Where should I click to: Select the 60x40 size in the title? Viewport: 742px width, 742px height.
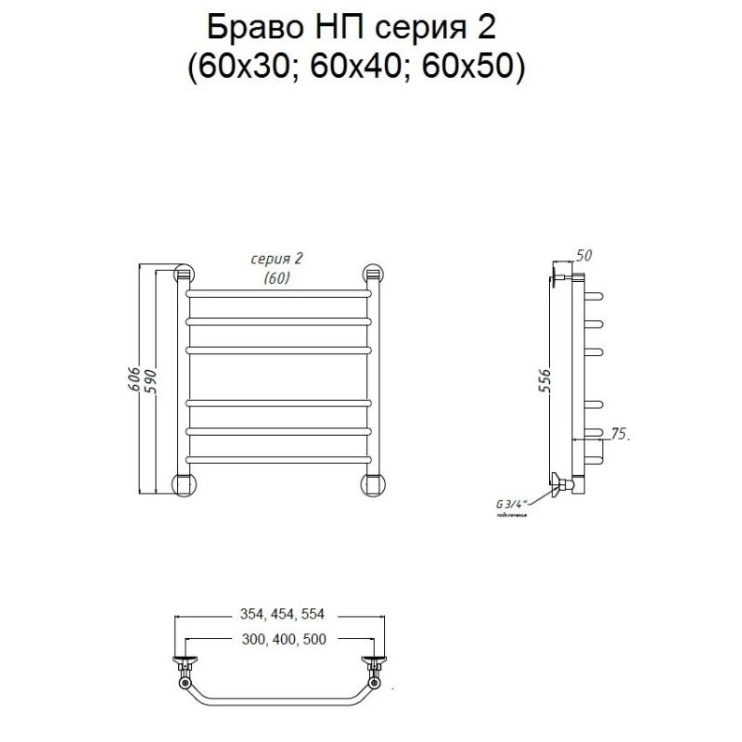click(358, 67)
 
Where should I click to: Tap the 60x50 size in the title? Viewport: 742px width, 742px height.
click(472, 67)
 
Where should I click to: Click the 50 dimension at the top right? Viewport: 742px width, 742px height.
click(583, 255)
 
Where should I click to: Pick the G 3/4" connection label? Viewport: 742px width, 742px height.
click(511, 504)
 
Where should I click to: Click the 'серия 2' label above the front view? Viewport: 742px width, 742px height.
click(277, 259)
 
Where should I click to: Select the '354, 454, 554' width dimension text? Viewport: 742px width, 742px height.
click(279, 614)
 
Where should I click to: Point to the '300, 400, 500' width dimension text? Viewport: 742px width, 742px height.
click(279, 640)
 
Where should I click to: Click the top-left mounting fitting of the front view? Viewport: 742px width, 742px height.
click(185, 275)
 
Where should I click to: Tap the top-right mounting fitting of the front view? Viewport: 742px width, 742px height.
click(373, 275)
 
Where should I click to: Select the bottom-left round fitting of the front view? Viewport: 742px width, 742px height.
click(186, 485)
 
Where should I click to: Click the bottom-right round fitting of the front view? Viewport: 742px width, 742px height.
click(373, 485)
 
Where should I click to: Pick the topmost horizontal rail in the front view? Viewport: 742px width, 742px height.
click(279, 294)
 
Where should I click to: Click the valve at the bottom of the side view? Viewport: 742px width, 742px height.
click(562, 483)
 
